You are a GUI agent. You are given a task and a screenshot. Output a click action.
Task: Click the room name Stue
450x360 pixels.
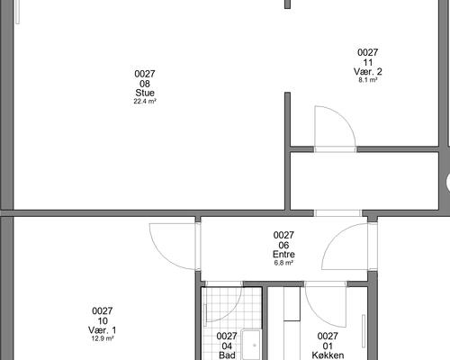[145, 93]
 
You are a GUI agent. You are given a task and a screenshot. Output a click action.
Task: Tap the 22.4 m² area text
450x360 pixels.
[145, 101]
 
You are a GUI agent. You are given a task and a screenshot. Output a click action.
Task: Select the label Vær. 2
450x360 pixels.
[368, 71]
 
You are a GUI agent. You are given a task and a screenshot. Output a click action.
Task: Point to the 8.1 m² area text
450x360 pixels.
[368, 80]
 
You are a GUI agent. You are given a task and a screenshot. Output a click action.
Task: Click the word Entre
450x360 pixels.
[283, 255]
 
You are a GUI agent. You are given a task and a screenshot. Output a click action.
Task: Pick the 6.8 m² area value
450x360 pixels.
[283, 263]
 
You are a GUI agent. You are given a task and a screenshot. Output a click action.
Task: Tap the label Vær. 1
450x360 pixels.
[103, 330]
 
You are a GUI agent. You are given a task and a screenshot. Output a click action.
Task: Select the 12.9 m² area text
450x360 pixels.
[103, 338]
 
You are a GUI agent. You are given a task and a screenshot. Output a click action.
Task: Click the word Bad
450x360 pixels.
[227, 355]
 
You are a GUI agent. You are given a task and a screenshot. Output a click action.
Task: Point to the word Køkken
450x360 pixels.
[328, 355]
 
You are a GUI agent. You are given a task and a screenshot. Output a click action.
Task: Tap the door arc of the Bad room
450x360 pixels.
[232, 312]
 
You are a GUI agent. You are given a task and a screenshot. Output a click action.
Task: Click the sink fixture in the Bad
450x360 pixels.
[251, 345]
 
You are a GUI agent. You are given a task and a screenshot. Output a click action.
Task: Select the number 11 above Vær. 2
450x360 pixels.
[368, 62]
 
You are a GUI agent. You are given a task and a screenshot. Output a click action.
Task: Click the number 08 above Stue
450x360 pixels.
[145, 84]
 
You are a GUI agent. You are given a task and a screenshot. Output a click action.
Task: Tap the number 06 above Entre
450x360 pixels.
[283, 245]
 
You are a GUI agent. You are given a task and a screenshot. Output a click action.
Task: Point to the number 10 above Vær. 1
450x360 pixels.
[103, 321]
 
